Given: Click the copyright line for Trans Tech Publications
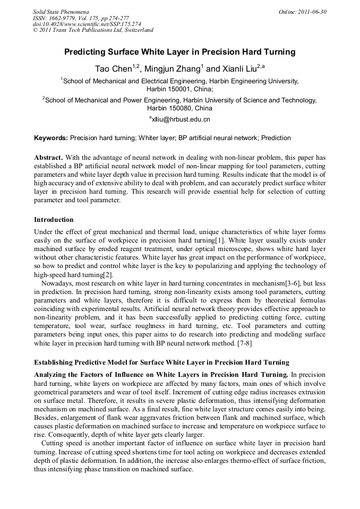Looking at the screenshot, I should (92, 30).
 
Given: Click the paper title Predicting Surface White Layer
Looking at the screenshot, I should (179, 53).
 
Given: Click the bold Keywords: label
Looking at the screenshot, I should (51, 138).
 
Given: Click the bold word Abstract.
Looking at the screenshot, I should (49, 158).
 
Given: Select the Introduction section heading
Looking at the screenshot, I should (54, 219).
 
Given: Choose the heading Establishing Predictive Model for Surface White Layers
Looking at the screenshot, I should (161, 363).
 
